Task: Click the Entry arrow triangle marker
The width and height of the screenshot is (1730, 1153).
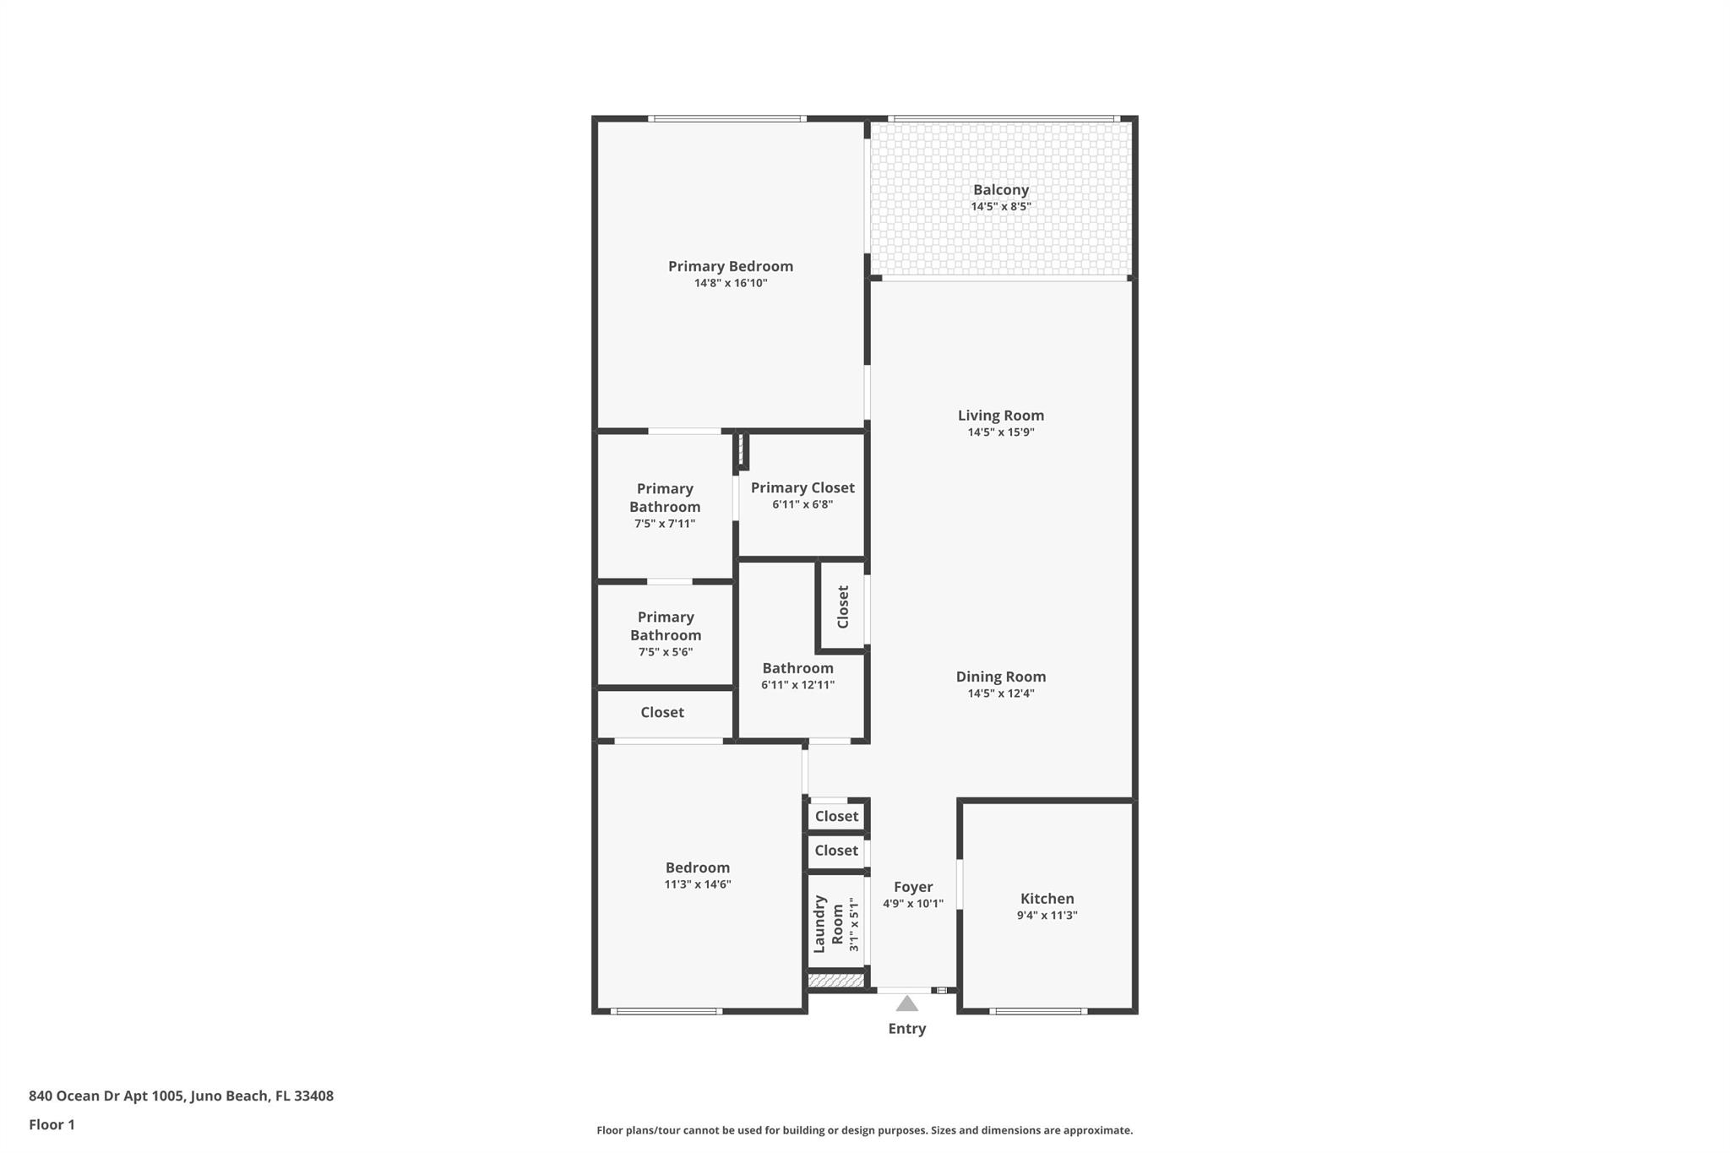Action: click(x=906, y=1003)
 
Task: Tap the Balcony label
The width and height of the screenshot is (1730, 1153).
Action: click(x=1000, y=190)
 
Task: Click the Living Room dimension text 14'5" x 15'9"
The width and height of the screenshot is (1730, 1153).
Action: click(x=1000, y=432)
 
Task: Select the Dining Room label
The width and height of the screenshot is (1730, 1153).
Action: click(x=1000, y=677)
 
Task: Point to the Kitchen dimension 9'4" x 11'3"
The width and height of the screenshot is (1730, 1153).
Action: click(x=1047, y=916)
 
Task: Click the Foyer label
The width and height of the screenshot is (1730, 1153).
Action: click(x=912, y=887)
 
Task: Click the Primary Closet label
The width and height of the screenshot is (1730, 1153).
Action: click(x=802, y=487)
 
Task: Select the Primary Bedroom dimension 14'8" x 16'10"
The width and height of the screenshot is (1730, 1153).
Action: click(x=730, y=284)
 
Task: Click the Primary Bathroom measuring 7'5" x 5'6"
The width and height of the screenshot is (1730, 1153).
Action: click(x=665, y=634)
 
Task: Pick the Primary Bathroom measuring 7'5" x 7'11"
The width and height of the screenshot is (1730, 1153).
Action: click(x=664, y=505)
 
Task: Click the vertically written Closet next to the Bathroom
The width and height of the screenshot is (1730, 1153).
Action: click(x=842, y=606)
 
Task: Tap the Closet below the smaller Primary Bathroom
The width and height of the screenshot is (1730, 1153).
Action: click(x=661, y=712)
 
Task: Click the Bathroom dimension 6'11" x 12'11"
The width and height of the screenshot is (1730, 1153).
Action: click(x=797, y=685)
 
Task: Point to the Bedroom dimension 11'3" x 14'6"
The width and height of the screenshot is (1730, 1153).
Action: click(x=697, y=884)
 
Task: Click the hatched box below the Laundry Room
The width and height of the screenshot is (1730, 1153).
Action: click(x=835, y=981)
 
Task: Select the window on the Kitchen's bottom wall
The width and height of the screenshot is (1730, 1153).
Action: click(x=1037, y=1011)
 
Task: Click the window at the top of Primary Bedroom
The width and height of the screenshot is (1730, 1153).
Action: click(x=726, y=119)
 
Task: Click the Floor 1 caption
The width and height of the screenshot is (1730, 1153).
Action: click(x=52, y=1124)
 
